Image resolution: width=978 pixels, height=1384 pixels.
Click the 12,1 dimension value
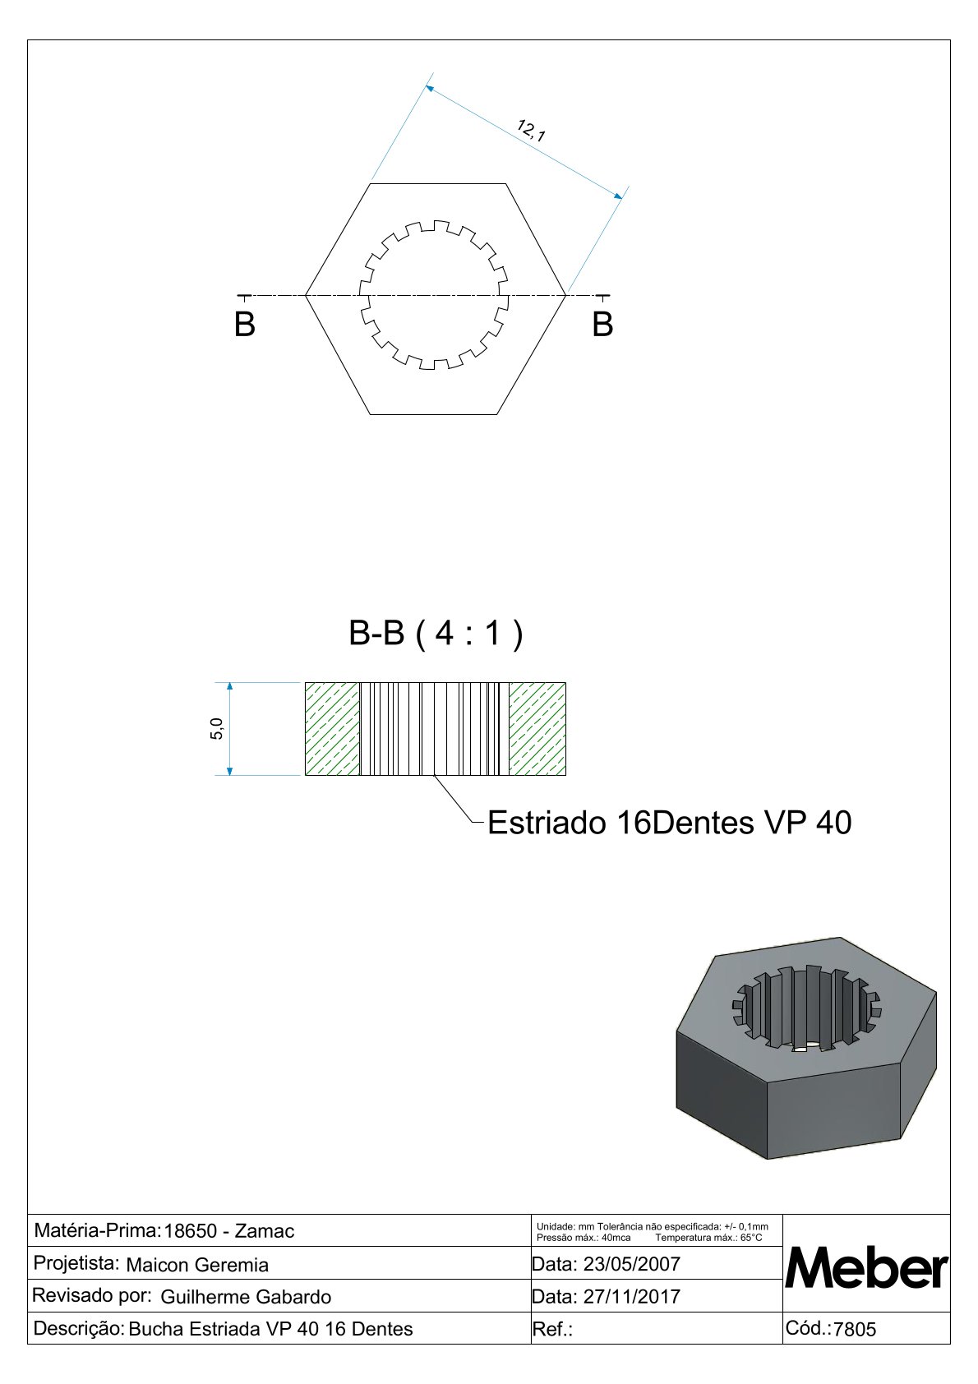[531, 131]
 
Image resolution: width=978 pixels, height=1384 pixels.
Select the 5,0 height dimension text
[217, 728]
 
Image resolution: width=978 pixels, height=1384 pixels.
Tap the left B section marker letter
[245, 325]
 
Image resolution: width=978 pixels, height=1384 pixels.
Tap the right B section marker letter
[602, 325]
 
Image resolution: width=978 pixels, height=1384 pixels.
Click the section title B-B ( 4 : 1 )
[436, 634]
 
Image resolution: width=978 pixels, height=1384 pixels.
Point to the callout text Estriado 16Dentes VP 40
[670, 823]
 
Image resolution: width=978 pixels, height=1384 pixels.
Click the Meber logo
[866, 1270]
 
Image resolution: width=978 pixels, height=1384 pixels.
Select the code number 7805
[855, 1330]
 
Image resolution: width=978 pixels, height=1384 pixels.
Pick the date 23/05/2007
[631, 1264]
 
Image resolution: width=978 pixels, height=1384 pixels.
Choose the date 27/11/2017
[631, 1297]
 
